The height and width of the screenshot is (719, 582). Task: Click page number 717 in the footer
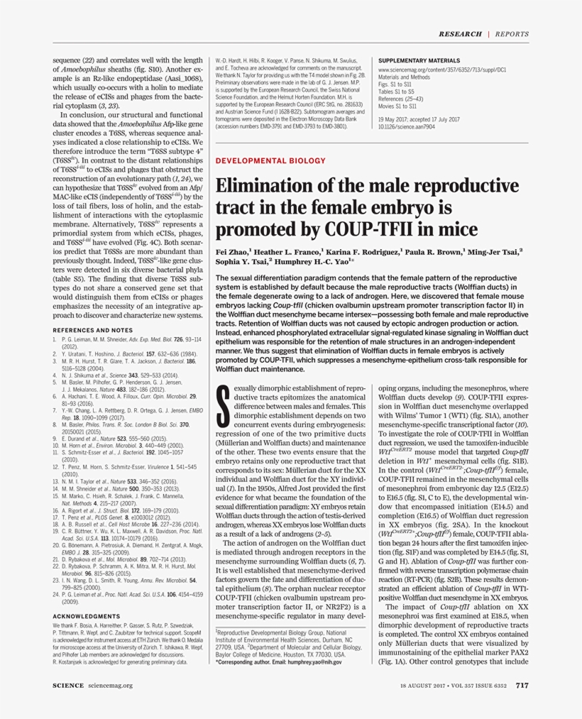coord(522,686)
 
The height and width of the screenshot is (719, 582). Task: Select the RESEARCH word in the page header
coord(461,34)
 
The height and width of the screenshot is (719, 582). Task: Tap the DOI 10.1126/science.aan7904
coord(406,126)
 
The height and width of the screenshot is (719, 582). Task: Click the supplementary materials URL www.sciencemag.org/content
coord(441,71)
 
